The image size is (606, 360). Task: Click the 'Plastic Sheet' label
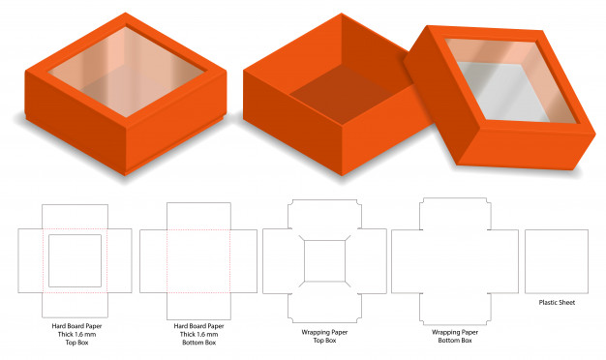point(557,303)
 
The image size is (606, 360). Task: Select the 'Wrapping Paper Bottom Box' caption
point(455,336)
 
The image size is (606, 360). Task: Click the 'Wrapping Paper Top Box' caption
point(324,336)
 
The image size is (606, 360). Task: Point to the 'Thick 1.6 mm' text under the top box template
point(76,334)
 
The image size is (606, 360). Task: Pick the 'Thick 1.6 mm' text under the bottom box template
point(199,334)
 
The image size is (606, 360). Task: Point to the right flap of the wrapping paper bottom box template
point(504,261)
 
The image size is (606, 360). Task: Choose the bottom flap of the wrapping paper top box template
point(324,309)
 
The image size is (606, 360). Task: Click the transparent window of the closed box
point(127,72)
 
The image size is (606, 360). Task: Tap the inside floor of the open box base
point(342,95)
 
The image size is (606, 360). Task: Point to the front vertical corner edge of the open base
point(342,150)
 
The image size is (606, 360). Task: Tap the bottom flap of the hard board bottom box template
point(198,307)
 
